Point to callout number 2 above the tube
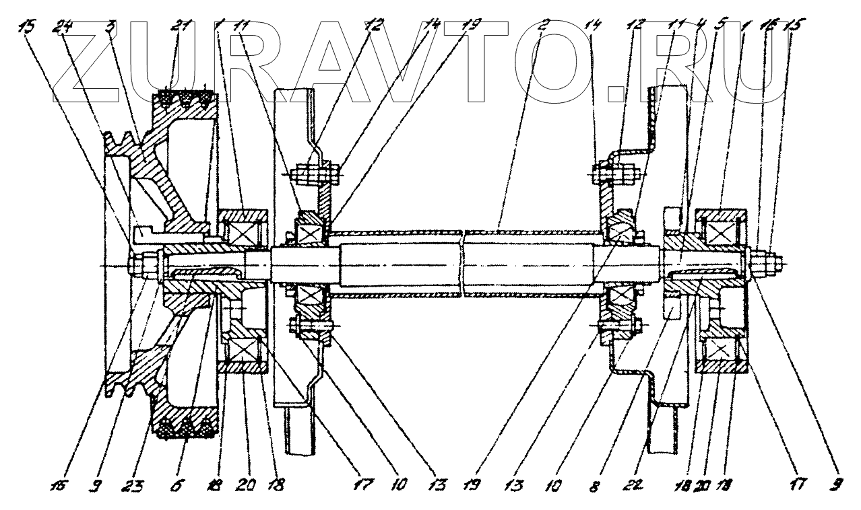coord(544,27)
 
